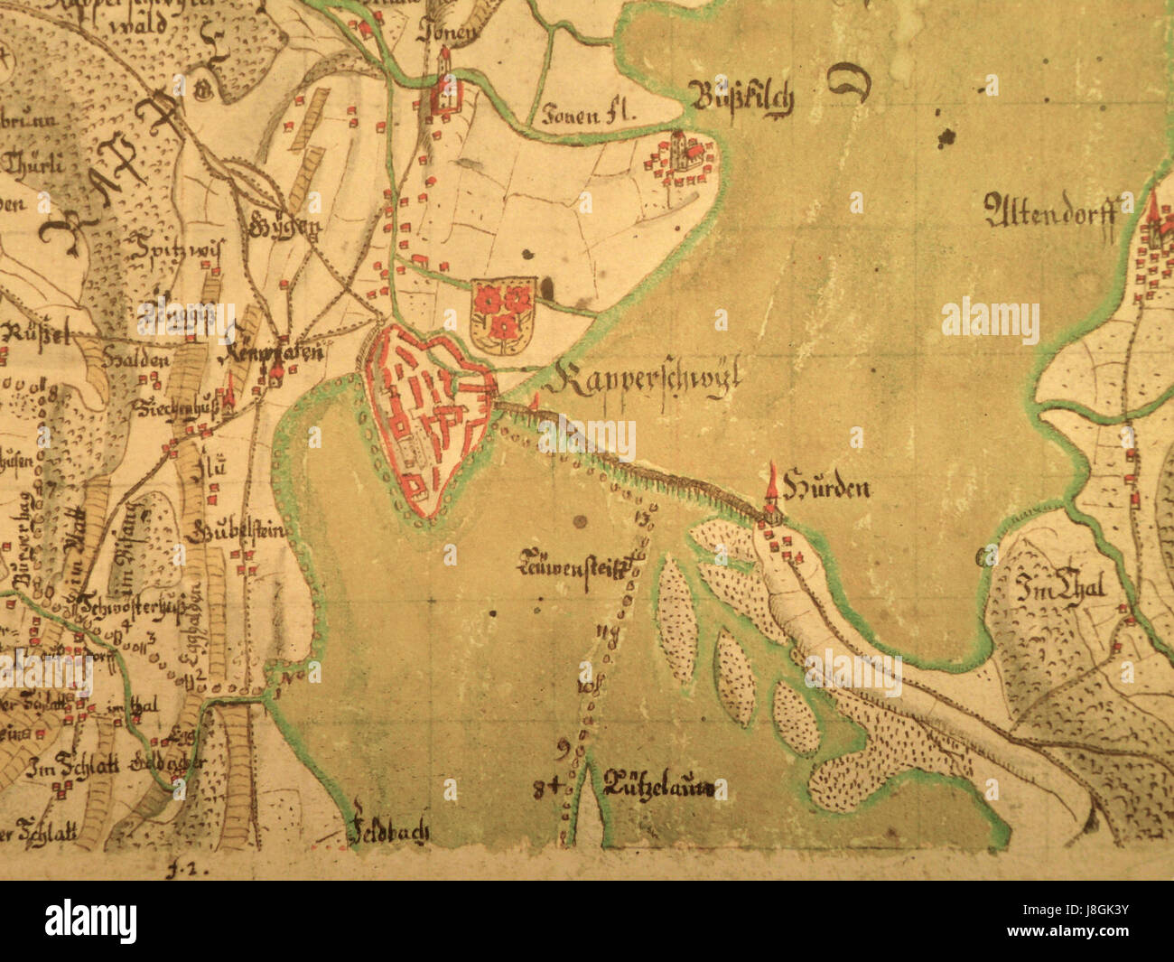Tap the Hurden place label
[827, 489]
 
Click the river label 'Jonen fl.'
[590, 115]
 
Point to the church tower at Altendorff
[1152, 217]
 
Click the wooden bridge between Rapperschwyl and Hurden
[632, 461]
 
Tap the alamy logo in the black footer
[90, 921]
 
